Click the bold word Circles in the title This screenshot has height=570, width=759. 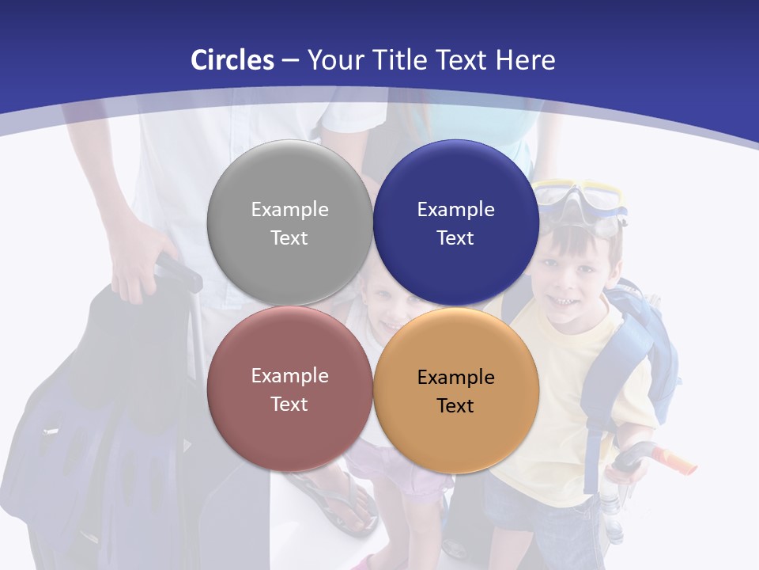coord(232,60)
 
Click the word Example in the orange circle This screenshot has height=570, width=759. coord(455,378)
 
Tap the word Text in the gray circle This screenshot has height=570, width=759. coord(289,237)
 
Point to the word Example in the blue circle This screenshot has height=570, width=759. coord(455,210)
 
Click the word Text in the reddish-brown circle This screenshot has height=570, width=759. coord(289,404)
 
